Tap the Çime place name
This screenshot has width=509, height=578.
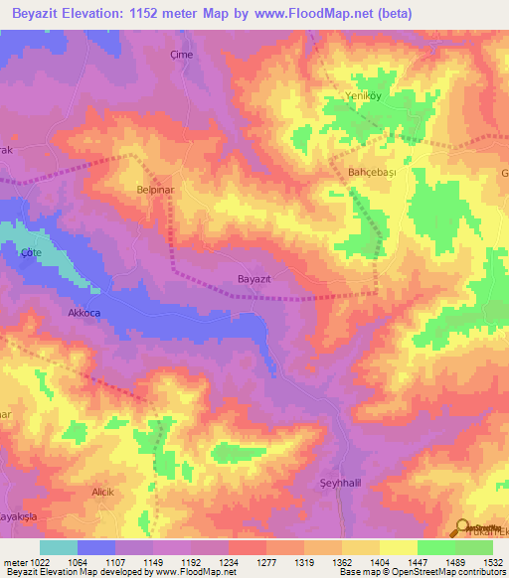tap(182, 55)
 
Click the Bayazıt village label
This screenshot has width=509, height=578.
tap(255, 280)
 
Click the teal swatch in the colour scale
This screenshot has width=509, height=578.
tap(59, 547)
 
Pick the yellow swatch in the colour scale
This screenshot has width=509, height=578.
tap(399, 547)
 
